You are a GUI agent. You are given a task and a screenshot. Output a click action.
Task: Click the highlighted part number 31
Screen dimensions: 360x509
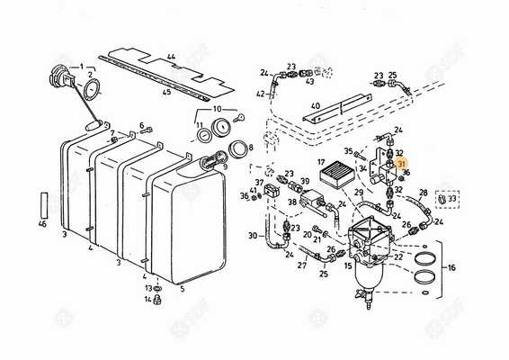(x=401, y=164)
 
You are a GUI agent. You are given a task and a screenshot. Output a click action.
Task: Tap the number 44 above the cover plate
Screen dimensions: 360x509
(x=169, y=57)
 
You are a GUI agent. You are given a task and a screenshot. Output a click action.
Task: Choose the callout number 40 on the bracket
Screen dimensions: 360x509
(x=316, y=105)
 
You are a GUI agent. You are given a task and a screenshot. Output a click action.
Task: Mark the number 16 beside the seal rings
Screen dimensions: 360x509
(x=451, y=267)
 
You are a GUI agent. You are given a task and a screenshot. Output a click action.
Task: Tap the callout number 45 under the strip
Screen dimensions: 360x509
(x=167, y=91)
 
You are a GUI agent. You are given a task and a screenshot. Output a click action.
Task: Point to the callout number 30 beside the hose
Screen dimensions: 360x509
(x=253, y=237)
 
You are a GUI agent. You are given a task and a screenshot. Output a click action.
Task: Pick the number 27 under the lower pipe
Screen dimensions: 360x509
(x=301, y=265)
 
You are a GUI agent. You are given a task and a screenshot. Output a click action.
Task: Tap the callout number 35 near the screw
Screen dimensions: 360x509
(x=348, y=152)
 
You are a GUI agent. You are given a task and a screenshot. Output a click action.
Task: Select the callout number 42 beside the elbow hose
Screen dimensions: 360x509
(x=260, y=93)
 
